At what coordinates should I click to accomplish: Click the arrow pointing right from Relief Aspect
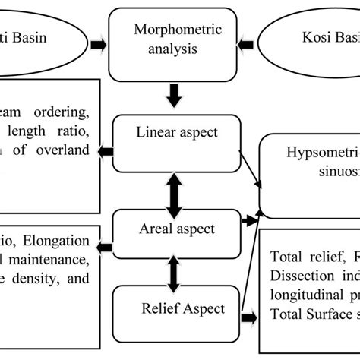(248, 318)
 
